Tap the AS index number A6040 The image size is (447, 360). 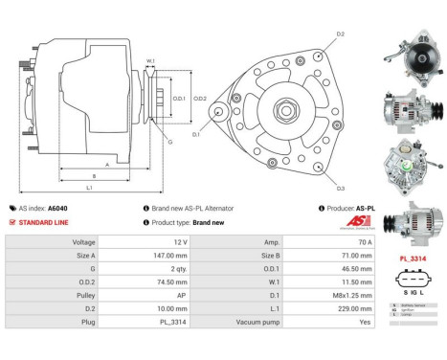pos(58,208)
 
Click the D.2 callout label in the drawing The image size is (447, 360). pos(339,34)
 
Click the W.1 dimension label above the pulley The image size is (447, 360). pos(151,62)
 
